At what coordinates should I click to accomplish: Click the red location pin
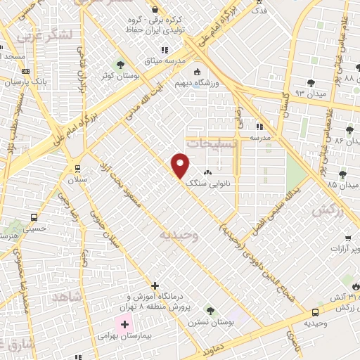click(x=181, y=164)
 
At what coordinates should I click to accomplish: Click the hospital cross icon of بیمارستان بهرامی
click(x=125, y=324)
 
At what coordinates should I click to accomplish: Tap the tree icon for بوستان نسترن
click(x=210, y=310)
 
